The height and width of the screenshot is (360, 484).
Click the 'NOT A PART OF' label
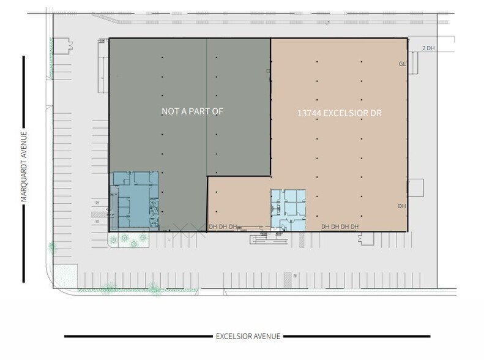[193, 111]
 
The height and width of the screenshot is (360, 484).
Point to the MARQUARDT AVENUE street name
[24, 168]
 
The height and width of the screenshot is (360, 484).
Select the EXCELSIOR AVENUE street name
[248, 336]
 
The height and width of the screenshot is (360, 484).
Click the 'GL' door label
[402, 64]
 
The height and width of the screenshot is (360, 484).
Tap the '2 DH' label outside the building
[428, 48]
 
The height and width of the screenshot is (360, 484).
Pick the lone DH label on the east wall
[402, 206]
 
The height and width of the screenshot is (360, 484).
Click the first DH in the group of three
[212, 227]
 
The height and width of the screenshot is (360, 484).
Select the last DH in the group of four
[355, 227]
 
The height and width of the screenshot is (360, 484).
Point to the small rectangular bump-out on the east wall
[416, 187]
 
